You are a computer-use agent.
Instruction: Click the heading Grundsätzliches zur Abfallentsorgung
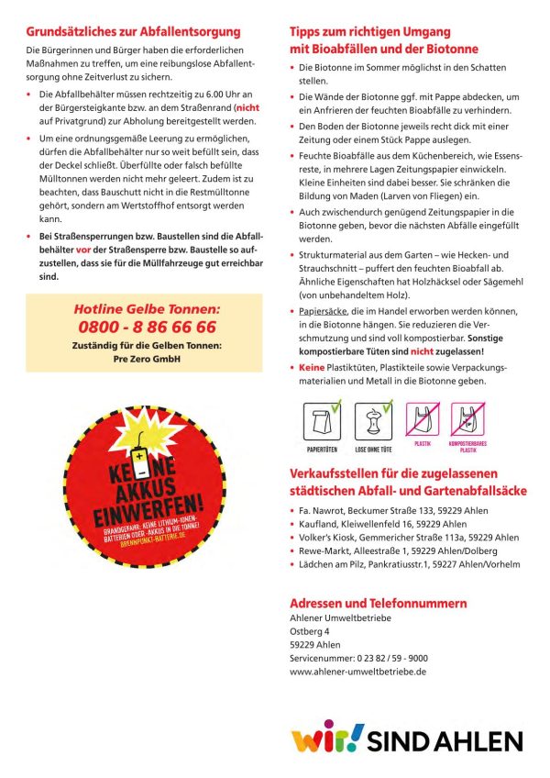point(126,32)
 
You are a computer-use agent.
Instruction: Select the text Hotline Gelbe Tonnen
point(147,309)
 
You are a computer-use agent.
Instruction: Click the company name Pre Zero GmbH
point(147,359)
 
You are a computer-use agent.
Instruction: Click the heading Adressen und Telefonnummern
point(378,603)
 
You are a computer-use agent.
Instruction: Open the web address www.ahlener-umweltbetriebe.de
point(357,671)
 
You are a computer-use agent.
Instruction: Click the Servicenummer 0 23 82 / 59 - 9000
point(357,658)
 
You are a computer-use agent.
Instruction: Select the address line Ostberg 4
point(309,631)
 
